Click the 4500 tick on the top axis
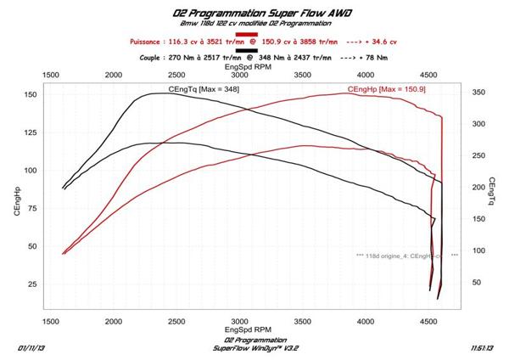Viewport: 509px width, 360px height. pos(428,76)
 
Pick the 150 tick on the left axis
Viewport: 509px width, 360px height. pos(31,94)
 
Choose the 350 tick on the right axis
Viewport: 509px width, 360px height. pos(478,92)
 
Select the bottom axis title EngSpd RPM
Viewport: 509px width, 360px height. pos(248,329)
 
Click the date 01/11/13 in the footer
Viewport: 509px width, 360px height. pos(32,348)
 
